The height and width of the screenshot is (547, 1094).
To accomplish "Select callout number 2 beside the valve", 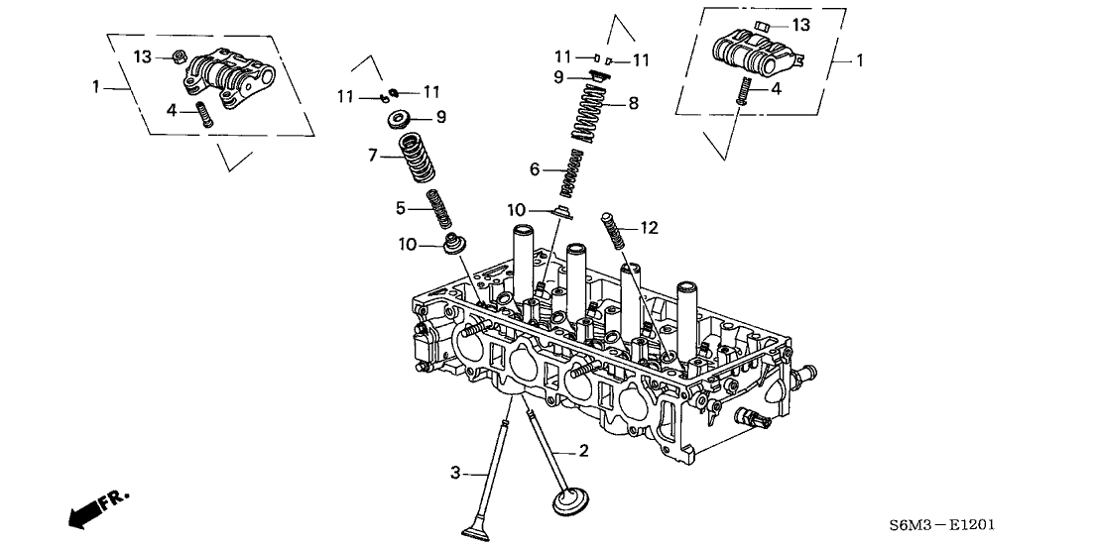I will pyautogui.click(x=583, y=452).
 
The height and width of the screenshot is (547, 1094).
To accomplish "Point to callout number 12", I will pyautogui.click(x=649, y=228).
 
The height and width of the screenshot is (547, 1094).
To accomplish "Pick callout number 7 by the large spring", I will pyautogui.click(x=373, y=156).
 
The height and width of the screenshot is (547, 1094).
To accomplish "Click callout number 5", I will pyautogui.click(x=402, y=208).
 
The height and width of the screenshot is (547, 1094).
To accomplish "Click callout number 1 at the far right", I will pyautogui.click(x=860, y=60).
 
